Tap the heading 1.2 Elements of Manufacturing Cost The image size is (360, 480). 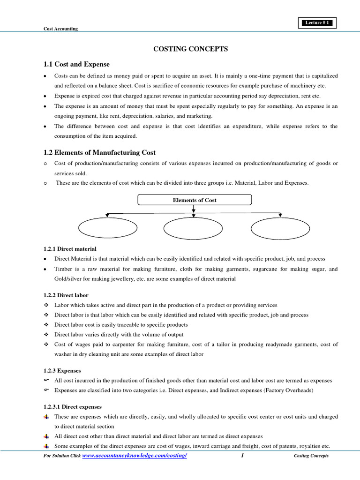pyautogui.click(x=99, y=152)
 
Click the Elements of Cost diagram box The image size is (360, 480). pyautogui.click(x=195, y=200)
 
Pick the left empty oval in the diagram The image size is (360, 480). pyautogui.click(x=107, y=228)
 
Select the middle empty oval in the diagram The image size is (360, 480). pyautogui.click(x=193, y=228)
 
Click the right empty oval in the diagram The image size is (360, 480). pyautogui.click(x=280, y=228)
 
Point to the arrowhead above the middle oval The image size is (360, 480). pyautogui.click(x=194, y=216)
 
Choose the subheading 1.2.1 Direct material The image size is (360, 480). pyautogui.click(x=70, y=249)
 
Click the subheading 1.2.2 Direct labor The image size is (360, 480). pyautogui.click(x=66, y=295)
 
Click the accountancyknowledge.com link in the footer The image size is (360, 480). pyautogui.click(x=135, y=456)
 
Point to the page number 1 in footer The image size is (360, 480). pyautogui.click(x=242, y=456)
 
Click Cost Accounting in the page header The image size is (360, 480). pyautogui.click(x=60, y=29)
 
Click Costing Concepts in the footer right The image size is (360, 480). pyautogui.click(x=311, y=456)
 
